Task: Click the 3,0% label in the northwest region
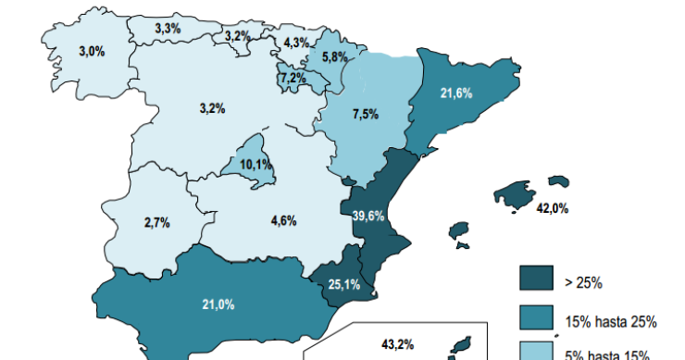click(92, 52)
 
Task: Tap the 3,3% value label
click(168, 29)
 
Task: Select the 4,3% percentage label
click(297, 43)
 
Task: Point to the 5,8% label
click(334, 57)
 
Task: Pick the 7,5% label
click(366, 115)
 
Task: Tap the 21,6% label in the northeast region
click(456, 93)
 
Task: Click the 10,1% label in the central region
click(255, 165)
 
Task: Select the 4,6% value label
click(283, 220)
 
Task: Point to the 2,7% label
click(156, 223)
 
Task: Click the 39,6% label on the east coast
click(369, 216)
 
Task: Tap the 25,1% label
click(343, 285)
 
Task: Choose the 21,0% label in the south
click(218, 304)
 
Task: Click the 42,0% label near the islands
click(553, 208)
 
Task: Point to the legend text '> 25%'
click(583, 281)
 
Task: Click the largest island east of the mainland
click(515, 193)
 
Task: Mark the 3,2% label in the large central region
click(212, 108)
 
